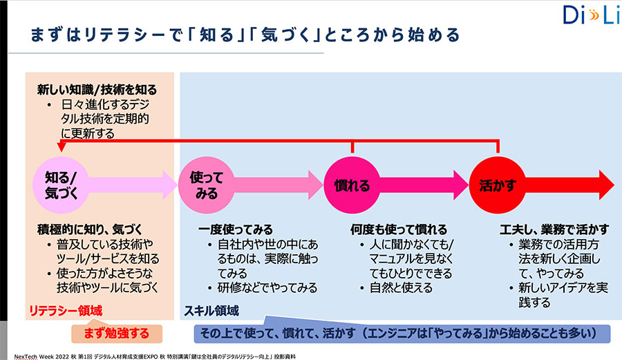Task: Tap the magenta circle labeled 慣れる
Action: (352, 184)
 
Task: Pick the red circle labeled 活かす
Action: (497, 184)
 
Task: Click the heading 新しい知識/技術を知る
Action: (97, 90)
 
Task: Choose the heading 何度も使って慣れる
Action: (399, 229)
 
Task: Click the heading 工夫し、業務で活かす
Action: (554, 229)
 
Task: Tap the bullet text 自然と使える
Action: (401, 287)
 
